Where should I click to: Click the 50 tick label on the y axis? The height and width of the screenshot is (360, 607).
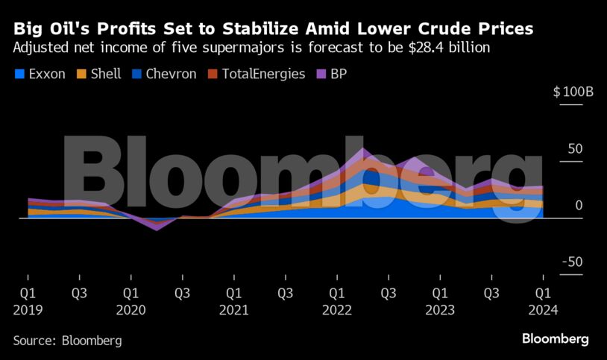pyautogui.click(x=574, y=149)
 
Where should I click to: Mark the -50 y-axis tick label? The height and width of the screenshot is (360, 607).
pyautogui.click(x=571, y=262)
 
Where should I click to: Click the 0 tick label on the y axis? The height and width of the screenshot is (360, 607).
pyautogui.click(x=579, y=206)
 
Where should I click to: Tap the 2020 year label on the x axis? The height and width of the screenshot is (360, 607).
pyautogui.click(x=130, y=309)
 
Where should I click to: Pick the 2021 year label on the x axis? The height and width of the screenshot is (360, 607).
pyautogui.click(x=233, y=309)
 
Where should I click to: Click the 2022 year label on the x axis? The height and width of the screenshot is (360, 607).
pyautogui.click(x=337, y=309)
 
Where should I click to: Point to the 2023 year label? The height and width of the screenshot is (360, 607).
pyautogui.click(x=440, y=309)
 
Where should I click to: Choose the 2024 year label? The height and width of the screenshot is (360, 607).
pyautogui.click(x=543, y=309)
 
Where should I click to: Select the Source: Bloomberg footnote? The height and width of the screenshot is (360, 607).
pyautogui.click(x=67, y=340)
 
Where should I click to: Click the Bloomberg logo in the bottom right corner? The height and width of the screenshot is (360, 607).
pyautogui.click(x=556, y=339)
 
